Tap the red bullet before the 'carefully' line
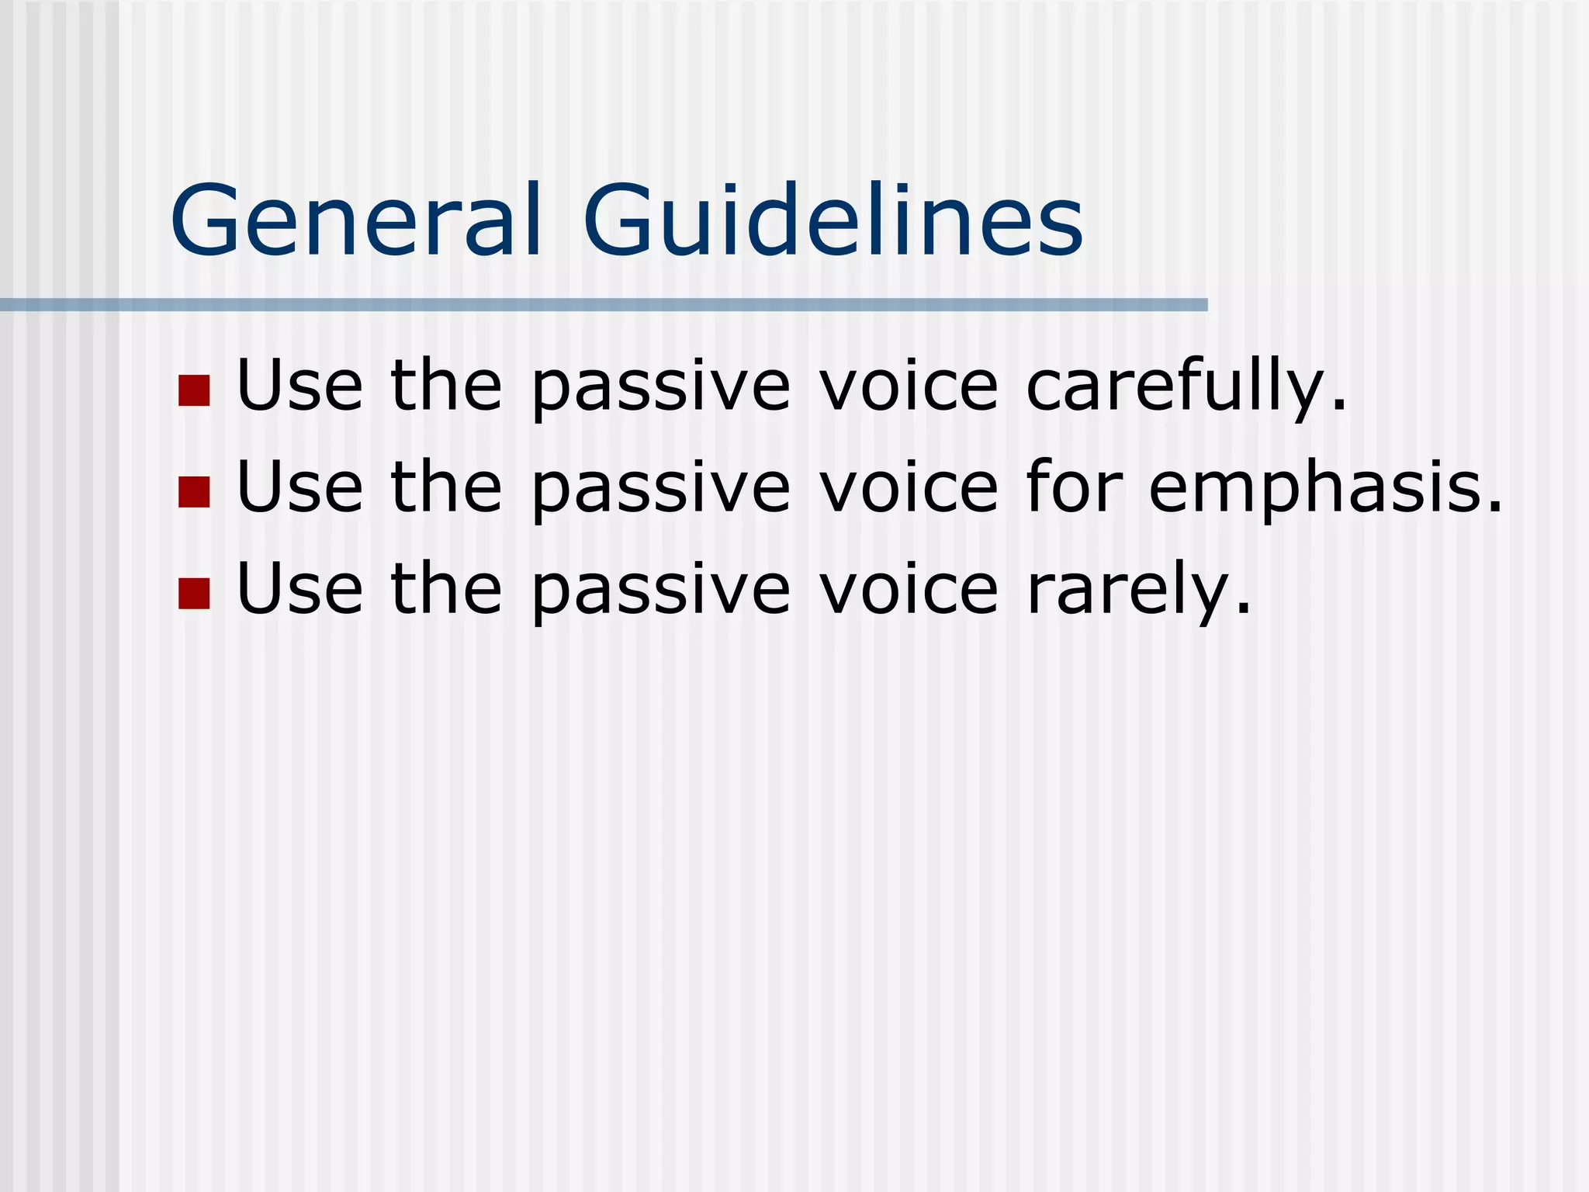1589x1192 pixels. pos(194,390)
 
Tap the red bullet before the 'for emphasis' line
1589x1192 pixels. pos(194,492)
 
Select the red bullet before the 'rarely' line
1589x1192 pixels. pos(194,594)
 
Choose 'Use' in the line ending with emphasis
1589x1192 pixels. pos(299,487)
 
